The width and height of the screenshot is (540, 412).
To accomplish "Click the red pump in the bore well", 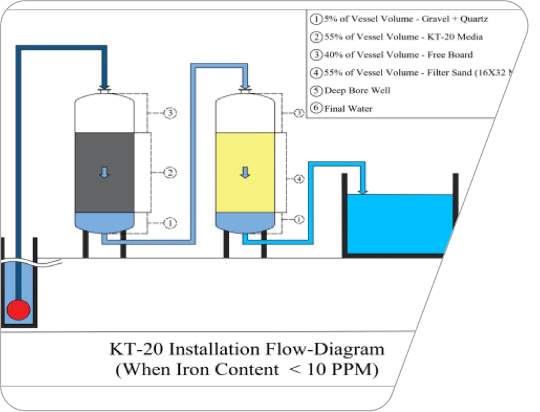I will coord(19,310).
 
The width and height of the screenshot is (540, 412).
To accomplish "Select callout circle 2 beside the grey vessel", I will coord(170,173).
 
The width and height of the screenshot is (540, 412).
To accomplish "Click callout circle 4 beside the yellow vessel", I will coord(299,179).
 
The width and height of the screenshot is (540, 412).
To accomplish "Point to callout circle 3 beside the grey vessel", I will coord(170,113).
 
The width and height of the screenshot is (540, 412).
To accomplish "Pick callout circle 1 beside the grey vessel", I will coord(170,222).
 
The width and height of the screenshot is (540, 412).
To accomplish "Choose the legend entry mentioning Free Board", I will coord(398,55).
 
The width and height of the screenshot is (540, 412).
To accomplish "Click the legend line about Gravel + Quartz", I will coord(405,19).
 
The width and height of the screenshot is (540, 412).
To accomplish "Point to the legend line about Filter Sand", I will coord(414,73).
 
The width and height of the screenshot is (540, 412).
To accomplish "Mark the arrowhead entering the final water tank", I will coord(363,190).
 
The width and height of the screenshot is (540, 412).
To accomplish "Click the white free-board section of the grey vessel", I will coord(104,114).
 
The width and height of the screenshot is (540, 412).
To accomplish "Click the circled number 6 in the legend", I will coord(316,109).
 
